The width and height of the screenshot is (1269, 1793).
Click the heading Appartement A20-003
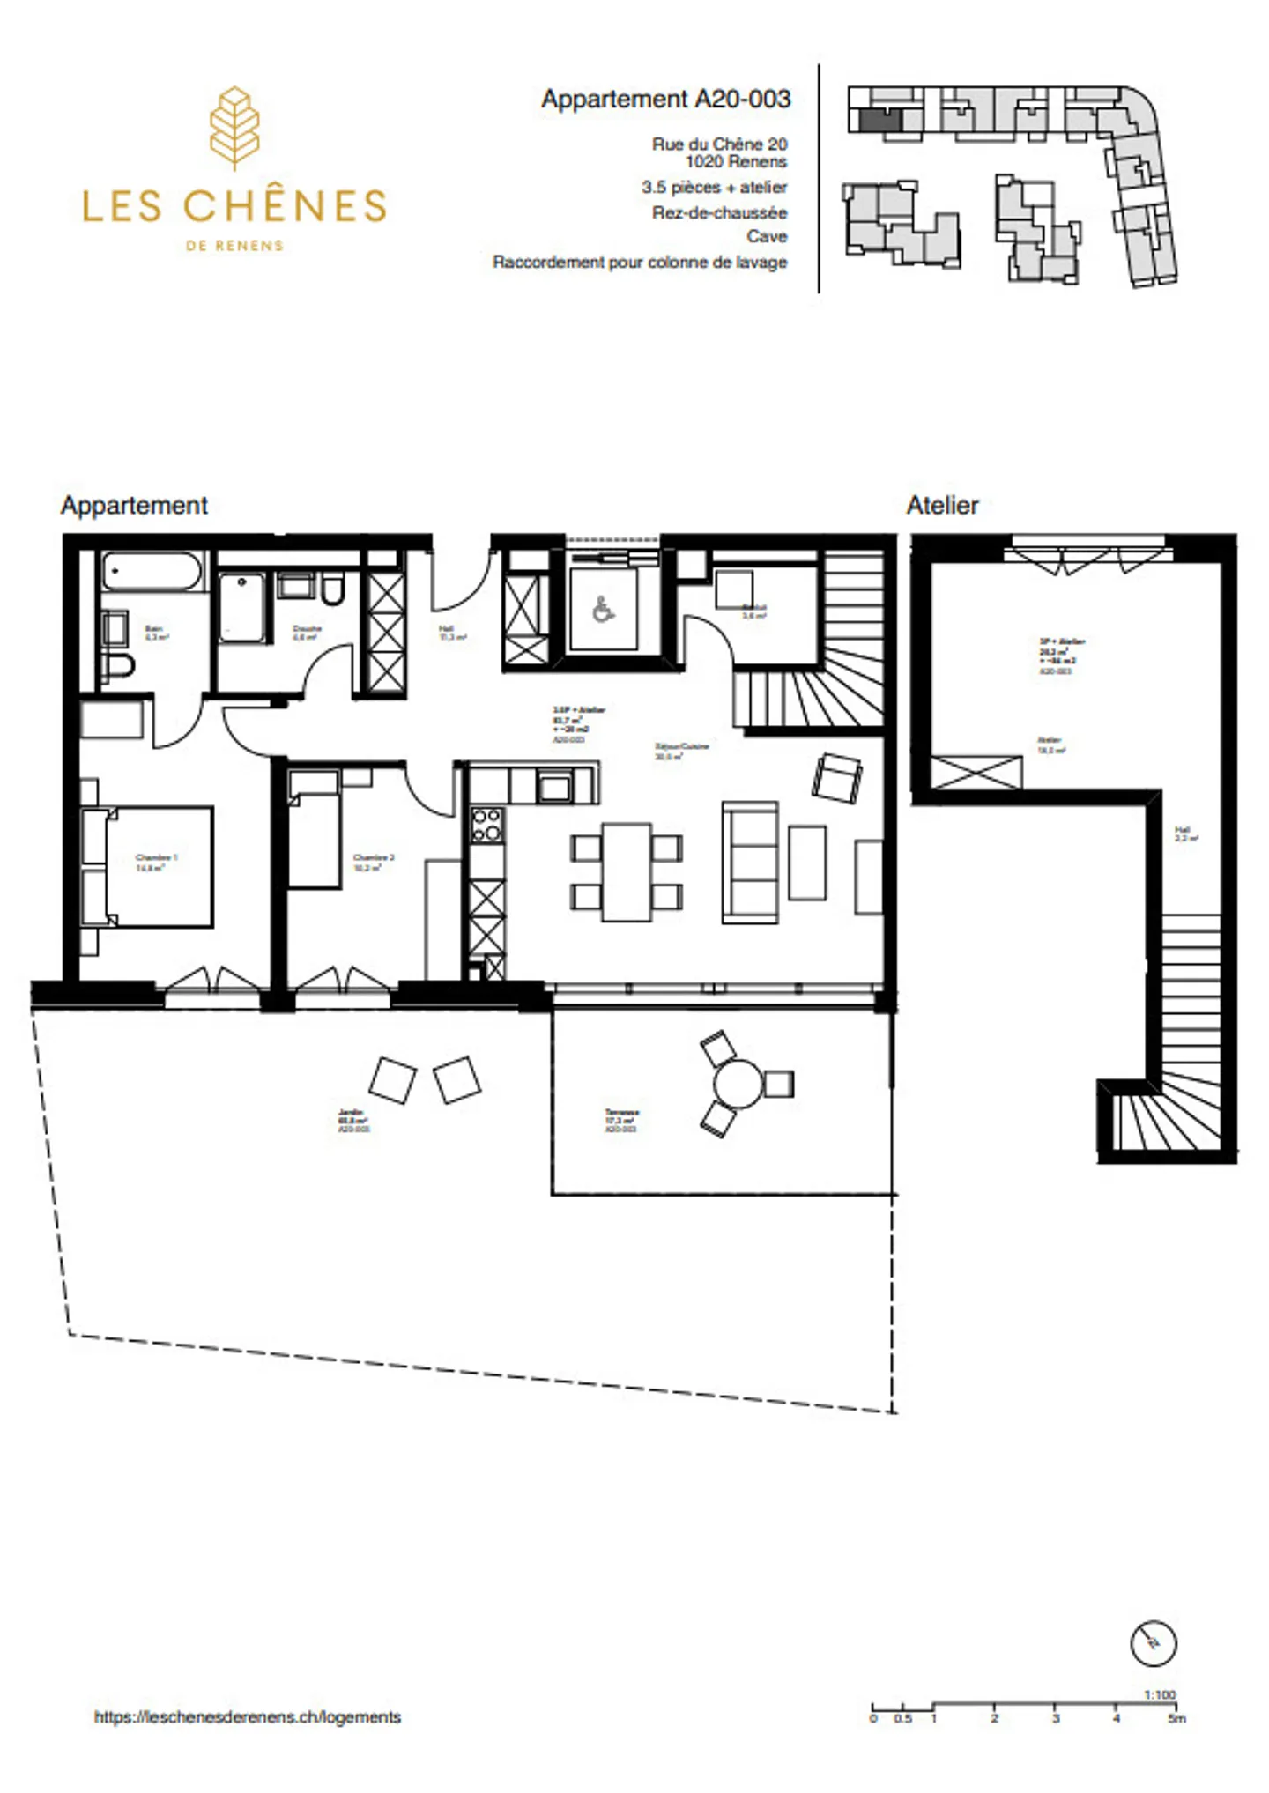[x=665, y=99]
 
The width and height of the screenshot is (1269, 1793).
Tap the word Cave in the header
[x=766, y=236]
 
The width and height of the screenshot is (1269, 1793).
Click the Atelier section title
[x=942, y=505]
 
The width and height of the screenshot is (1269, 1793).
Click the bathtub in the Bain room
[x=152, y=572]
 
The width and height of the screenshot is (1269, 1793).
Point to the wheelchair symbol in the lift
[x=603, y=610]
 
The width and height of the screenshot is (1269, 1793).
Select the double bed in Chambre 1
[x=159, y=866]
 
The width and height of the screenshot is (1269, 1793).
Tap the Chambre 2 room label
[x=373, y=861]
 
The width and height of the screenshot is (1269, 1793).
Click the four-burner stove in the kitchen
[x=486, y=826]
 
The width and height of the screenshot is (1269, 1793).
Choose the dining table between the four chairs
[x=627, y=872]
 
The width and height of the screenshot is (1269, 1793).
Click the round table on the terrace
[x=738, y=1083]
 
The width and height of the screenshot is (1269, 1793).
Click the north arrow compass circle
[x=1153, y=1643]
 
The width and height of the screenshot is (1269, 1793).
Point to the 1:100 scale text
[x=1160, y=1694]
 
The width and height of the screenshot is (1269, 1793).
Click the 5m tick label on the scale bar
[x=1176, y=1719]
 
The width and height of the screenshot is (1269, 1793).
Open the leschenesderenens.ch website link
[x=248, y=1716]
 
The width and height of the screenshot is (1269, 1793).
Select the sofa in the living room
[x=750, y=862]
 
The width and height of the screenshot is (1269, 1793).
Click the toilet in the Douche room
[x=332, y=589]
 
